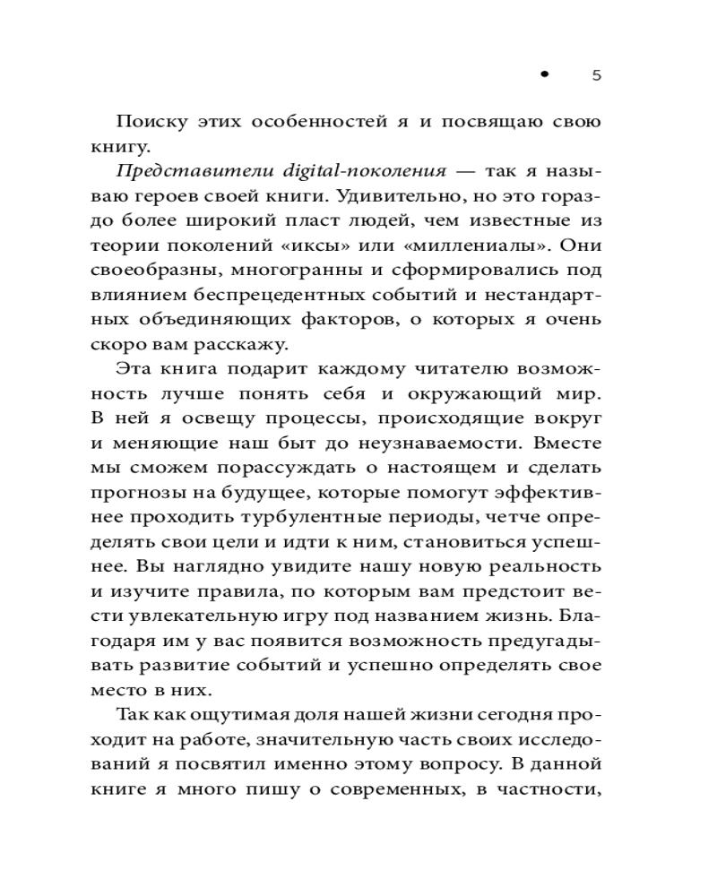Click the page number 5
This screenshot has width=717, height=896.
(x=597, y=76)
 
